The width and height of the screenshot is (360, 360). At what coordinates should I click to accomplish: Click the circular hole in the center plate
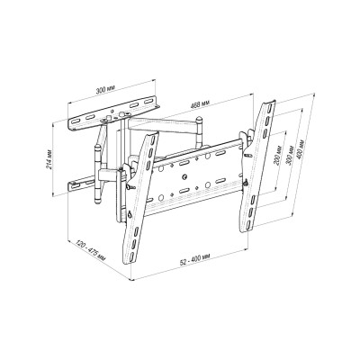coord(184,176)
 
